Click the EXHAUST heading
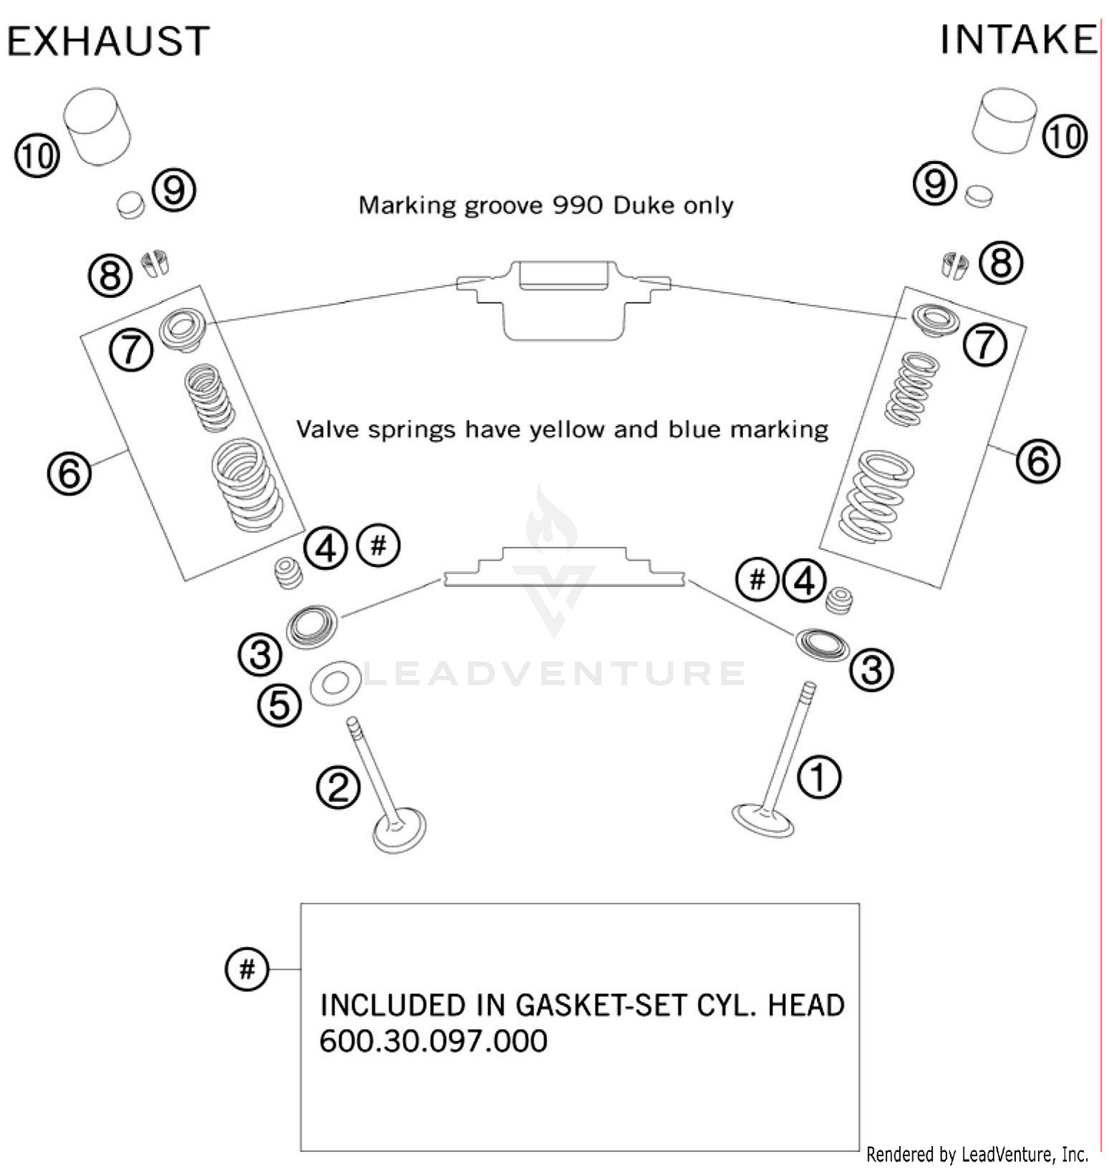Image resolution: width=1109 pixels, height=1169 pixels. point(108,41)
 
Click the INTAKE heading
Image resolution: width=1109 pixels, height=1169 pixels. point(1017,40)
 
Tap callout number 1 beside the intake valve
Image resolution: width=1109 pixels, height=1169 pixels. point(819,776)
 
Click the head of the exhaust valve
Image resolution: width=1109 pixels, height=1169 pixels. point(399,831)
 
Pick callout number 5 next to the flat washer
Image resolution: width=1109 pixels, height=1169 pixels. point(279,704)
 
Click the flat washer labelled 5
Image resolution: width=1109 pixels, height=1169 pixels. point(336,682)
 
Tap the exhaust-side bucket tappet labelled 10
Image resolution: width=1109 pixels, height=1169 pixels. point(97,126)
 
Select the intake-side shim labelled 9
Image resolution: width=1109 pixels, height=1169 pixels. point(979,196)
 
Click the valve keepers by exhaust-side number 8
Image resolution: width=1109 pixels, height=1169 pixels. point(155,263)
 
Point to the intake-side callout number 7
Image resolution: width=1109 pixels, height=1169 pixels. point(984,345)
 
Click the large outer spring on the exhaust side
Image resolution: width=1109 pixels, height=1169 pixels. point(245,485)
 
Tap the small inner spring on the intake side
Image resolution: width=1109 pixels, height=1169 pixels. point(912,389)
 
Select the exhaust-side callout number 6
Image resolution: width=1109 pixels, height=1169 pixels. point(69,472)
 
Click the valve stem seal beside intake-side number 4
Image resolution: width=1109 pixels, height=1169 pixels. point(838,600)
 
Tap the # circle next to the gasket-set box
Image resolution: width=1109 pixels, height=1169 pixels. point(247,968)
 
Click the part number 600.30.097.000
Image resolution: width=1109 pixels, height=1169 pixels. point(433,1040)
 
